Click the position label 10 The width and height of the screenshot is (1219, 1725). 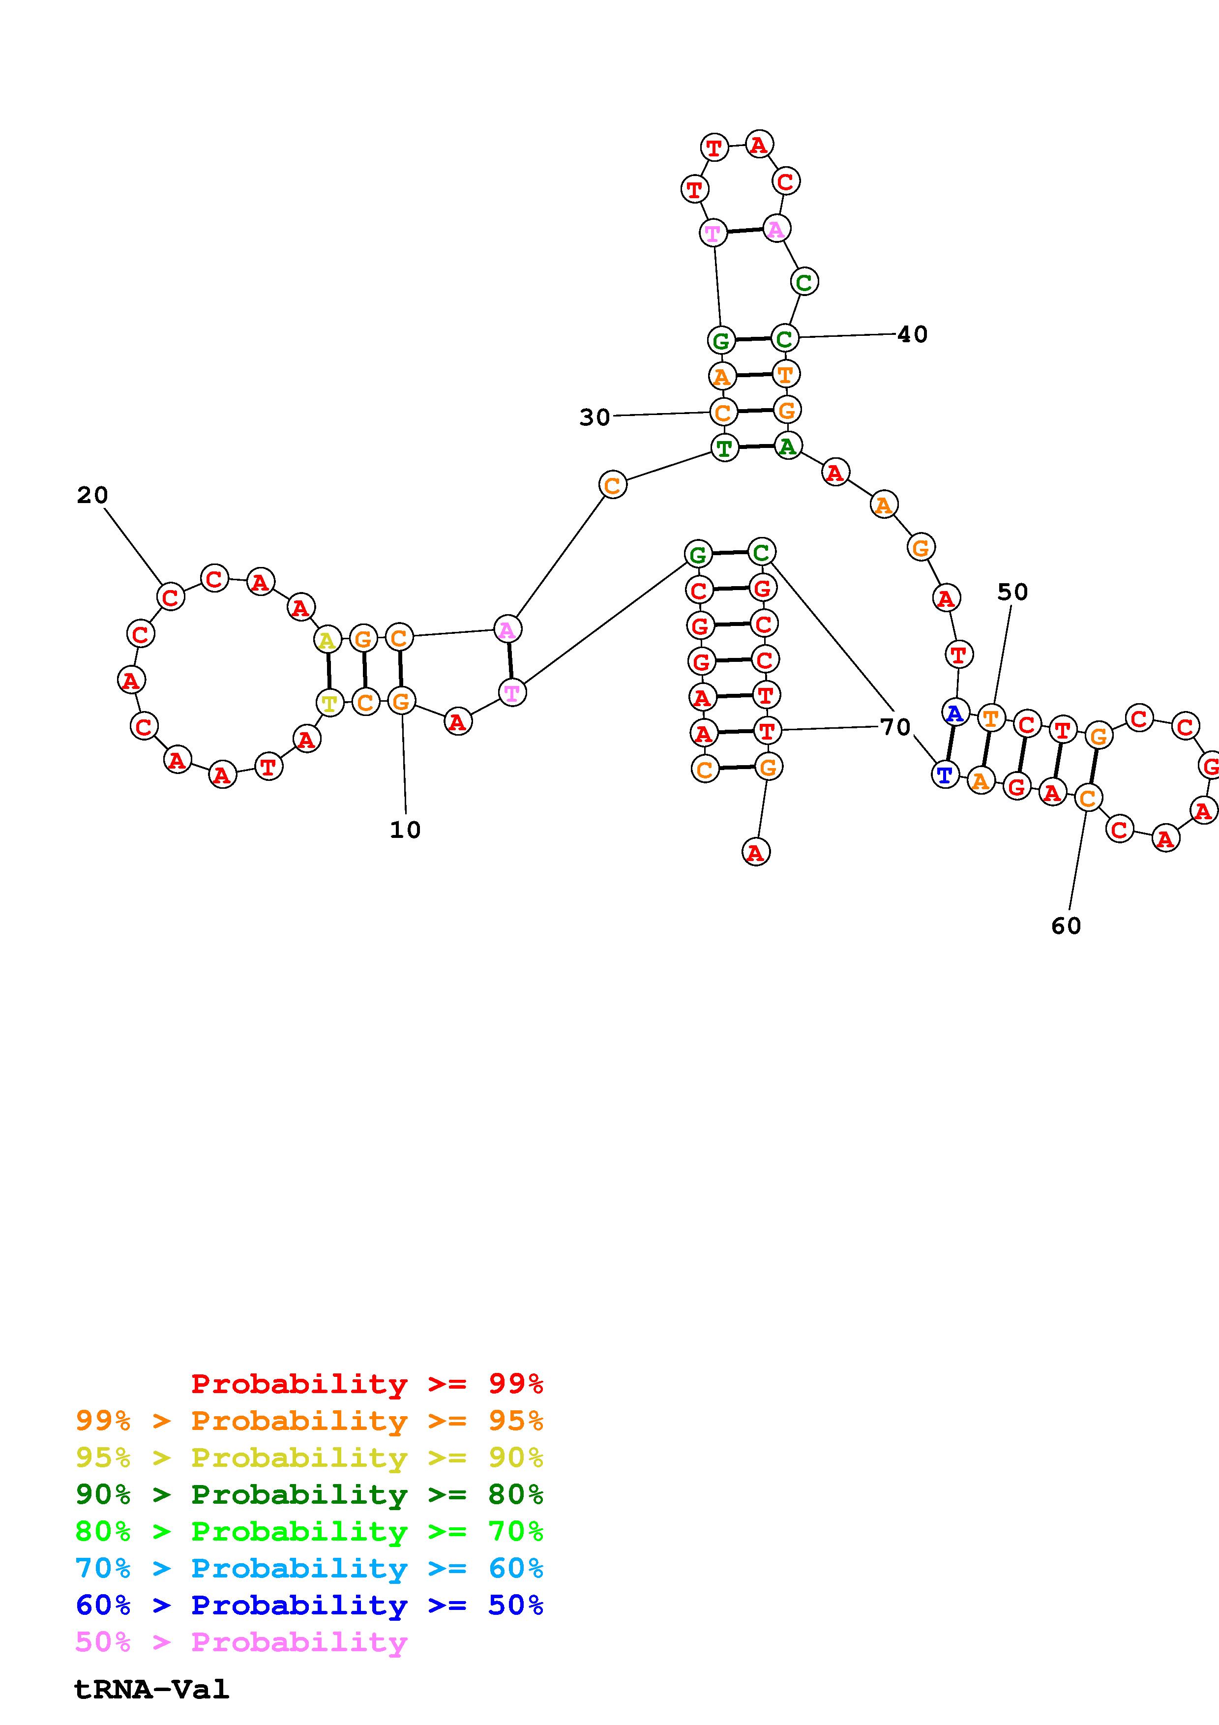click(x=405, y=830)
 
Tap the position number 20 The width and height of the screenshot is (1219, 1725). click(x=92, y=495)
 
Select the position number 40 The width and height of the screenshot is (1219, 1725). click(x=913, y=334)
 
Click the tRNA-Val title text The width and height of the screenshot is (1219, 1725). click(x=151, y=1689)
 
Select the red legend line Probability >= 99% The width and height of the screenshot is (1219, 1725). click(x=367, y=1383)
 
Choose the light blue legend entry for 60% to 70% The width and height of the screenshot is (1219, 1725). click(x=309, y=1568)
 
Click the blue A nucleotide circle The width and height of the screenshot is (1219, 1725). click(x=954, y=712)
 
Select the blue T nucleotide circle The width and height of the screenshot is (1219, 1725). click(x=945, y=774)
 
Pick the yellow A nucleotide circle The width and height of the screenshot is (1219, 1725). click(x=327, y=640)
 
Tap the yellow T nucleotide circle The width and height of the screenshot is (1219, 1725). click(x=329, y=703)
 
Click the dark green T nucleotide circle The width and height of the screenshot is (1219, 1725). click(x=724, y=448)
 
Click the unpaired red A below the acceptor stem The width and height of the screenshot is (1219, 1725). click(x=756, y=852)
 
